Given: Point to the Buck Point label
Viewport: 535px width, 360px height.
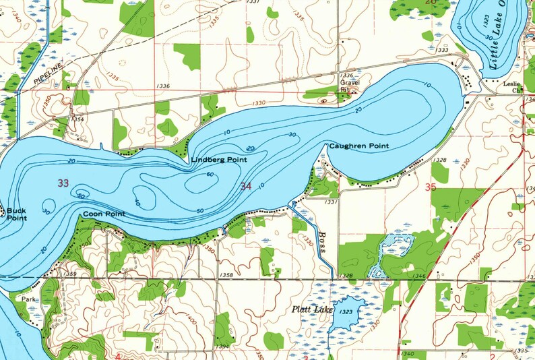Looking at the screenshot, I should [15, 214].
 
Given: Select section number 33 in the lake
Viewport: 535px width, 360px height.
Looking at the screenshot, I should [63, 183].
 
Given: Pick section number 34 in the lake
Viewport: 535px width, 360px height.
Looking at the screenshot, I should [246, 186].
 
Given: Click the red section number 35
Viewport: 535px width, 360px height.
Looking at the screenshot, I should [431, 187].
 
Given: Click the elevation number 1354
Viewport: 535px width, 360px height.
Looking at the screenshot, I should [78, 119].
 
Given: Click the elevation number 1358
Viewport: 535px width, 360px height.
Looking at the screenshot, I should [226, 275].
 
